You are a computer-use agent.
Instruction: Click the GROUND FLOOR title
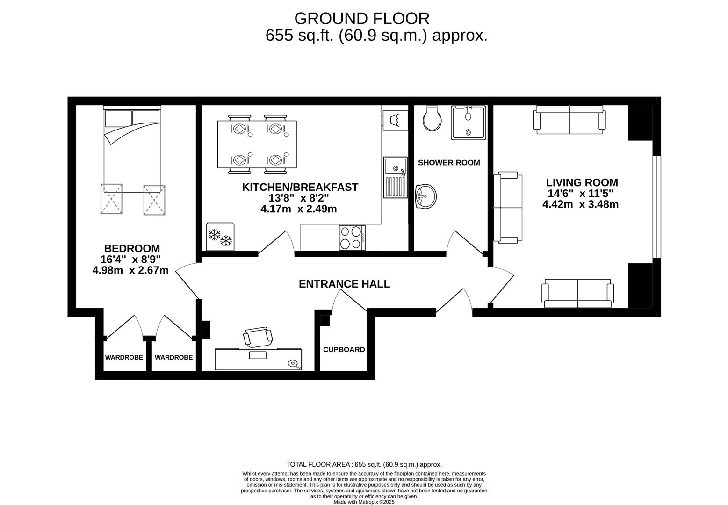362,19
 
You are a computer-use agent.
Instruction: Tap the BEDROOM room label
132,248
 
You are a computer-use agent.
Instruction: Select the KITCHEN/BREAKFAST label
300,187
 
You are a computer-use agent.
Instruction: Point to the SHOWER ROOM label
449,162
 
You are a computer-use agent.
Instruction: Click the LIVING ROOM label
582,182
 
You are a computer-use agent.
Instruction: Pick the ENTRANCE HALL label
344,284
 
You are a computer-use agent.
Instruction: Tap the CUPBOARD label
344,350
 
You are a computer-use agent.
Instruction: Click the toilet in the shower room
432,118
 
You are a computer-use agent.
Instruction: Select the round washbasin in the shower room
425,196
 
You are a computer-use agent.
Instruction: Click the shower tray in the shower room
469,123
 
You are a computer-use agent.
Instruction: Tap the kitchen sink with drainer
395,177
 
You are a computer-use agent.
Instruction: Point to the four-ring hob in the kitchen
352,238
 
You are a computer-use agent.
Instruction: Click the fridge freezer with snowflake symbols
220,237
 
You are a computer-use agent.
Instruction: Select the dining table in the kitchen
257,144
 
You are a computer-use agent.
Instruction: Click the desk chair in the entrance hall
258,337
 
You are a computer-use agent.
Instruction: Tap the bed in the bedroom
132,149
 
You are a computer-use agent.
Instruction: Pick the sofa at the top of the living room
569,120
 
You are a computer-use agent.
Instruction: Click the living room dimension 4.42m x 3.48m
580,204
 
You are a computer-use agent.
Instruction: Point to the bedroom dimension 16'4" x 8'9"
130,260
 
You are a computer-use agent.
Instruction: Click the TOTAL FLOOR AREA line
364,464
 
